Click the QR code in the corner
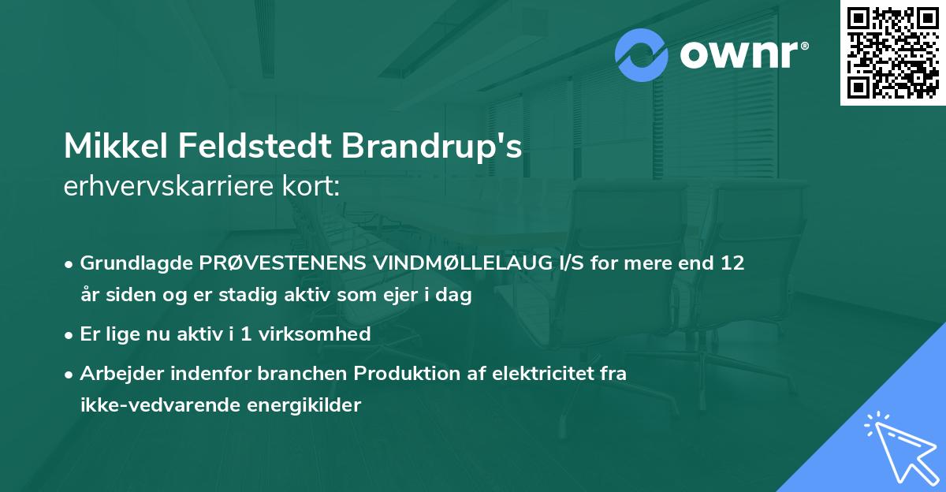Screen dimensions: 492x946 [892, 53]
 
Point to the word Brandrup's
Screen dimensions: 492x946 [432, 147]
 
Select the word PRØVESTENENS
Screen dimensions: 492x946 [267, 263]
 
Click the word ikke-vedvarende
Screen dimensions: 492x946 [156, 405]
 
